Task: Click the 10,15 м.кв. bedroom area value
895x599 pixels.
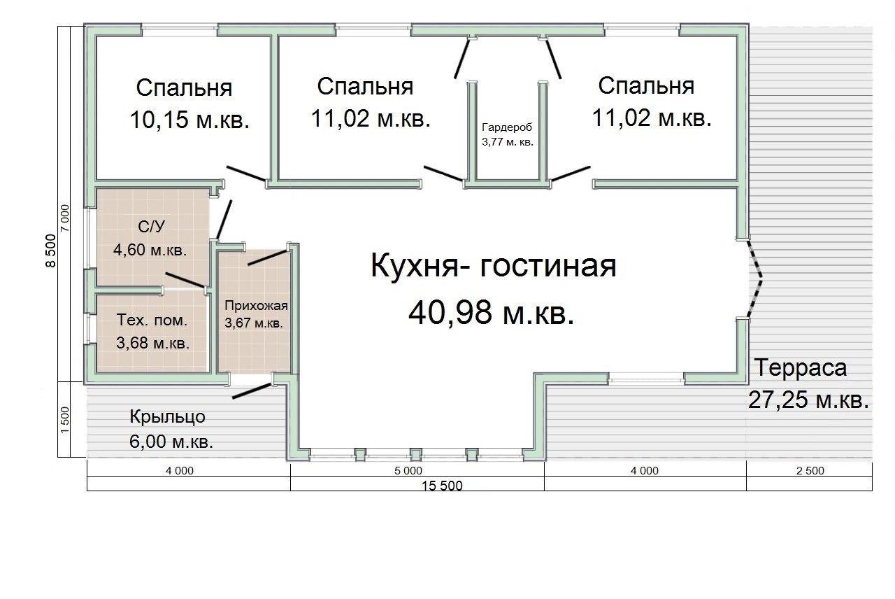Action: tap(189, 119)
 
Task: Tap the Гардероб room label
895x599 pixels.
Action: tap(507, 127)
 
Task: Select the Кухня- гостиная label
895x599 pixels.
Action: tap(494, 266)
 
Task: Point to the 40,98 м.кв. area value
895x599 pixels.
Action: tap(491, 313)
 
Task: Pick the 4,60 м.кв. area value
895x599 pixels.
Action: tap(150, 250)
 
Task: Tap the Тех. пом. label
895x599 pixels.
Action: tap(152, 320)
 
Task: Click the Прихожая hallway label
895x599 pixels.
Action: tap(256, 306)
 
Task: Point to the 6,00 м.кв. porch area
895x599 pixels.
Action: tap(171, 442)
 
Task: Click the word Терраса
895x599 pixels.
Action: tap(801, 368)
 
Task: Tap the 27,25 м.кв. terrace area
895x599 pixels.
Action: tap(808, 400)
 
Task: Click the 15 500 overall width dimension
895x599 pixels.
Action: tap(443, 486)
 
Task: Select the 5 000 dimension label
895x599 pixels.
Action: tap(408, 471)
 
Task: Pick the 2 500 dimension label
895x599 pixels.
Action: tap(810, 471)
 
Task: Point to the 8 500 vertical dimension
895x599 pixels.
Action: tap(52, 251)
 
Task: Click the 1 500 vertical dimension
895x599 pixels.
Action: tap(64, 420)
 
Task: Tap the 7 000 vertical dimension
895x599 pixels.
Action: tap(64, 218)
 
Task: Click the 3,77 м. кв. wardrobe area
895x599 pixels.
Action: tap(508, 142)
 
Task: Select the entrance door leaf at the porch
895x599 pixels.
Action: tap(253, 390)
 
